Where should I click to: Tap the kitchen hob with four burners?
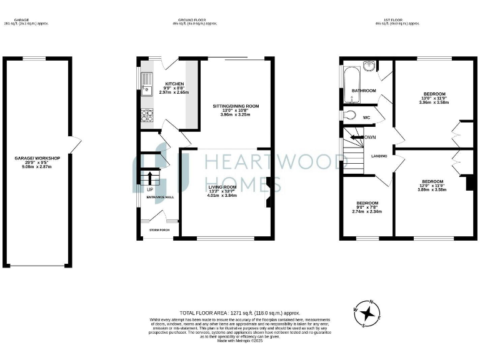pyautogui.click(x=148, y=114)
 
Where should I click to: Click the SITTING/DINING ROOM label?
pyautogui.click(x=235, y=106)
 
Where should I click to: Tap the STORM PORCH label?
pyautogui.click(x=159, y=230)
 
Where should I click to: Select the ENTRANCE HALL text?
pyautogui.click(x=160, y=197)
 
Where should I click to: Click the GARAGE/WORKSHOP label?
pyautogui.click(x=37, y=158)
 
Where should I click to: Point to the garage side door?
pyautogui.click(x=76, y=145)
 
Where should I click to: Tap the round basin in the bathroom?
pyautogui.click(x=370, y=66)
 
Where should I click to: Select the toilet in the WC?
pyautogui.click(x=349, y=115)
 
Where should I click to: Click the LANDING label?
pyautogui.click(x=379, y=156)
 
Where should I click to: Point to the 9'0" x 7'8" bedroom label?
pyautogui.click(x=367, y=203)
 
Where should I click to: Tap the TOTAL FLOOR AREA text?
pyautogui.click(x=240, y=312)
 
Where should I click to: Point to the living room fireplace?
pyautogui.click(x=268, y=191)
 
